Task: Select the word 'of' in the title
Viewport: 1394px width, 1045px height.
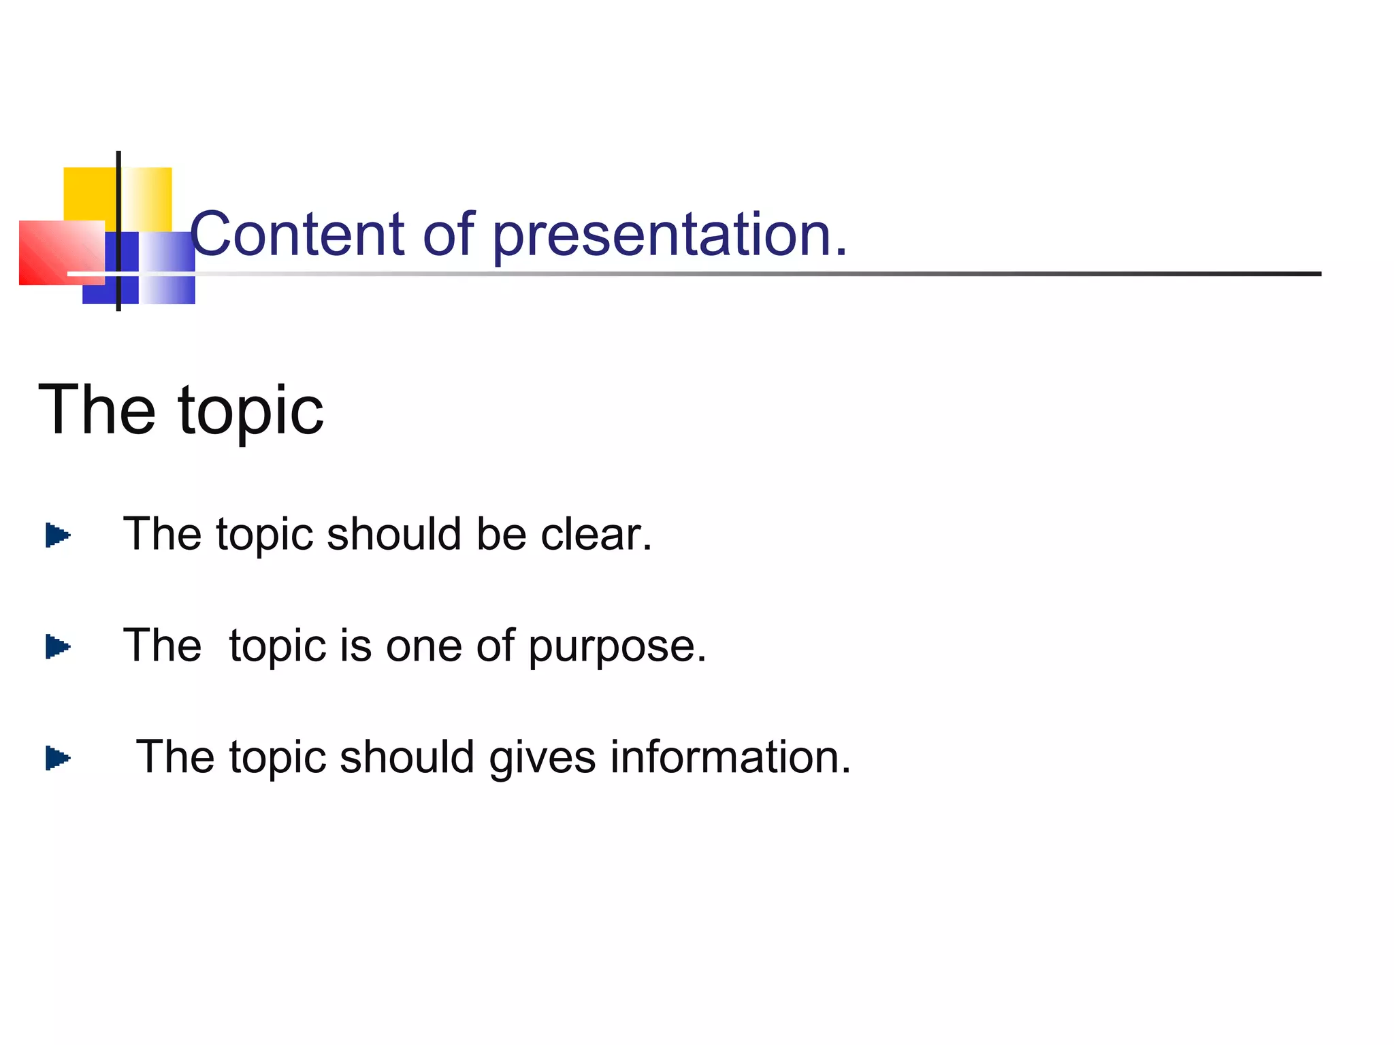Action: pos(449,235)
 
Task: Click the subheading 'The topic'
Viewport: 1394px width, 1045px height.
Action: pos(180,410)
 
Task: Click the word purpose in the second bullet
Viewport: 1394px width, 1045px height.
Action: pos(617,648)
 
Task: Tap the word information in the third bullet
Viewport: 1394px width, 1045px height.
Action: pos(730,757)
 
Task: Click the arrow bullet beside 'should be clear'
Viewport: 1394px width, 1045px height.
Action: pos(58,535)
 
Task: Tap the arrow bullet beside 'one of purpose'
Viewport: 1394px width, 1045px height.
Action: pos(58,646)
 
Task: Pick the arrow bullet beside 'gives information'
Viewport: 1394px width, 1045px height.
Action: pos(58,758)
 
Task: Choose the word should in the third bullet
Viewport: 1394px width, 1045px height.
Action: pos(406,757)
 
